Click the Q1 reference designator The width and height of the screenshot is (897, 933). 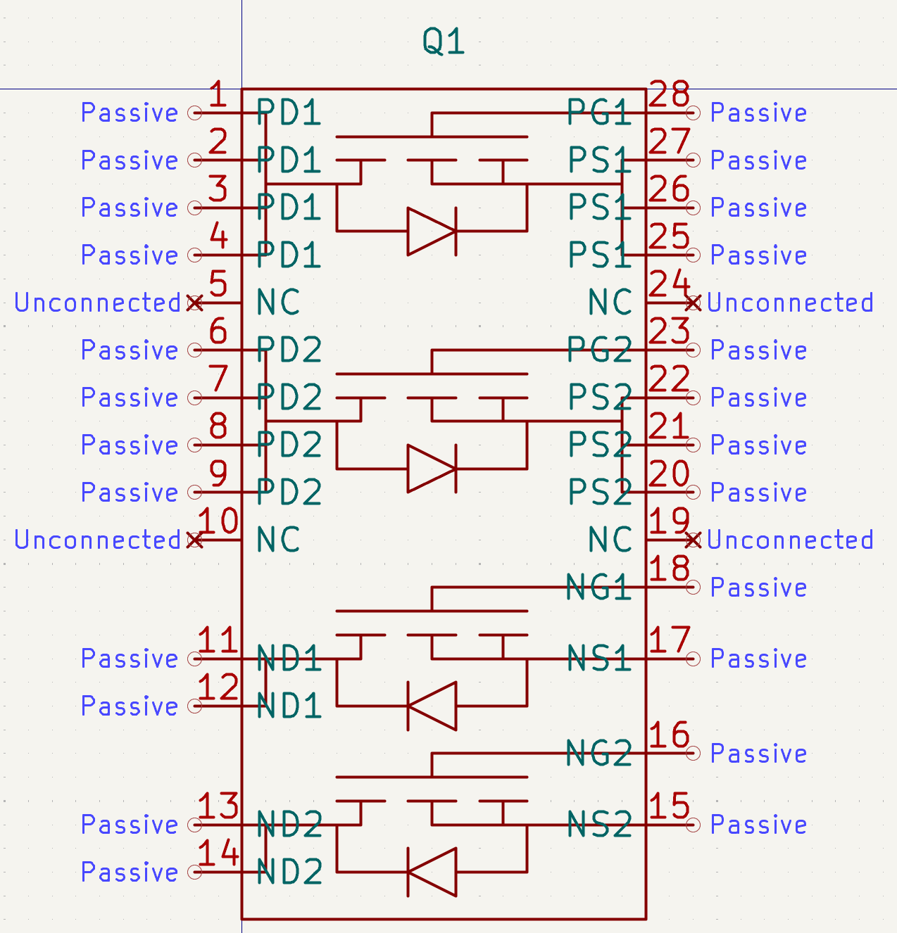tap(444, 42)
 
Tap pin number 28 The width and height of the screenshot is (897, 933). tap(669, 94)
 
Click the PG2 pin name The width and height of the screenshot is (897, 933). tap(600, 350)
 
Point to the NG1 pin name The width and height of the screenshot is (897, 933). tap(598, 587)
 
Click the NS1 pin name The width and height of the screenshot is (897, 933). tap(599, 659)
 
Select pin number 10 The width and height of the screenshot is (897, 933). tap(218, 521)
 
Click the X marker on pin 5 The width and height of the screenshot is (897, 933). tap(195, 303)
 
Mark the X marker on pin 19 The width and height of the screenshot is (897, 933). tap(693, 540)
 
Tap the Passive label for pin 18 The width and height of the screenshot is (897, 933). tap(758, 588)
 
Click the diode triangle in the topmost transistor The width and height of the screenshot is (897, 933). tap(432, 231)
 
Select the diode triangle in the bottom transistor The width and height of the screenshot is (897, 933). tap(432, 872)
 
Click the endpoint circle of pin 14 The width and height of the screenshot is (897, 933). tap(195, 872)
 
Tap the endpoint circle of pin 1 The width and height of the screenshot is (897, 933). tap(195, 113)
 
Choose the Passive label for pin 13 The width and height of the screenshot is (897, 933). tap(130, 825)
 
